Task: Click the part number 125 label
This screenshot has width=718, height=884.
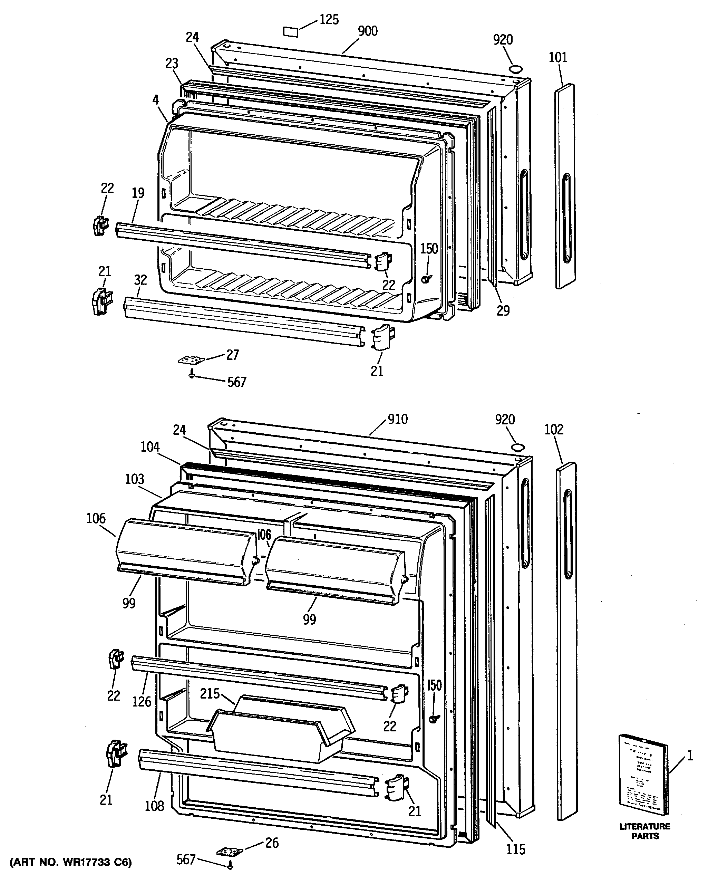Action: [x=329, y=19]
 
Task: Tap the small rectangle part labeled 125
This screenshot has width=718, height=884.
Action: [x=290, y=32]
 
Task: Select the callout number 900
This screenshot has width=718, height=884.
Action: [x=368, y=31]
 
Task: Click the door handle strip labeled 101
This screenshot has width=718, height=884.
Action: [x=564, y=186]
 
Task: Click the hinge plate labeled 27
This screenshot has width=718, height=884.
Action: [x=192, y=360]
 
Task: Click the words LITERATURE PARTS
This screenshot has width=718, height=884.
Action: [x=645, y=832]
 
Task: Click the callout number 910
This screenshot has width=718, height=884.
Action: [x=397, y=419]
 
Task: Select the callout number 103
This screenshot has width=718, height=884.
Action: [x=135, y=479]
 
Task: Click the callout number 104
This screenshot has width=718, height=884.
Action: [x=150, y=447]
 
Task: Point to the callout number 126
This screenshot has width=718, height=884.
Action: [x=142, y=702]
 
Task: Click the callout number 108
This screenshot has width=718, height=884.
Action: [x=154, y=806]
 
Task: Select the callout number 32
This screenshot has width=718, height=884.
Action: [x=140, y=280]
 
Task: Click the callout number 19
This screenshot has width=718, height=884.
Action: [x=138, y=193]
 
